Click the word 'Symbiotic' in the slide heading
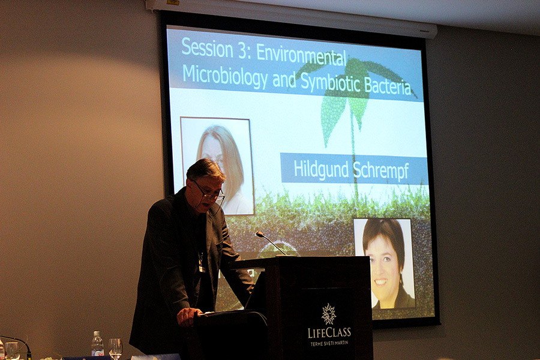[330, 83]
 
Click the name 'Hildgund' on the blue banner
[320, 169]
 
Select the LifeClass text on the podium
[329, 332]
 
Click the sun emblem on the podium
[329, 314]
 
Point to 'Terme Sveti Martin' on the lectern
[329, 343]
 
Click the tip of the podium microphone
[258, 234]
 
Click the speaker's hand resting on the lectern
[188, 316]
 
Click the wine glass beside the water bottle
[115, 348]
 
